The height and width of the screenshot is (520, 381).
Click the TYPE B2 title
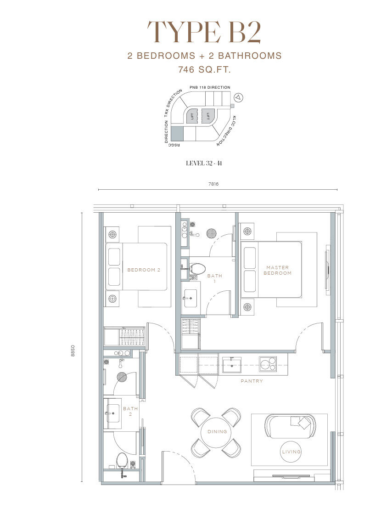pos(204,32)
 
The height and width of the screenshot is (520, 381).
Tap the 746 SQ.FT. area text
pos(204,70)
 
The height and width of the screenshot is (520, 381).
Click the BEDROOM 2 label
pos(144,270)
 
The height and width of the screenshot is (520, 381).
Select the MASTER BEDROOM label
pos(278,270)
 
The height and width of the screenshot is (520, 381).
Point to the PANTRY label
pos(252,381)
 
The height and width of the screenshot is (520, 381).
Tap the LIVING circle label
pos(291,452)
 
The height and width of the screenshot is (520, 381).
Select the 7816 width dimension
pos(214,184)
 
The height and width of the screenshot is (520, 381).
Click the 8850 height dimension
pos(73,351)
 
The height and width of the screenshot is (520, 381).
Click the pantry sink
pos(231,365)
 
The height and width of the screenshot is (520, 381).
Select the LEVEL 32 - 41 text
pos(204,163)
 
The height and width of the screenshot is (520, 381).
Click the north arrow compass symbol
pos(238,97)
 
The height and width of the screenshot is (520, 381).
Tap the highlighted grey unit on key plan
pos(177,133)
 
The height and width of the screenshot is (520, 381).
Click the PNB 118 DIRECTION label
pos(210,88)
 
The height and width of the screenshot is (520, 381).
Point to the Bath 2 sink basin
pos(113,413)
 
